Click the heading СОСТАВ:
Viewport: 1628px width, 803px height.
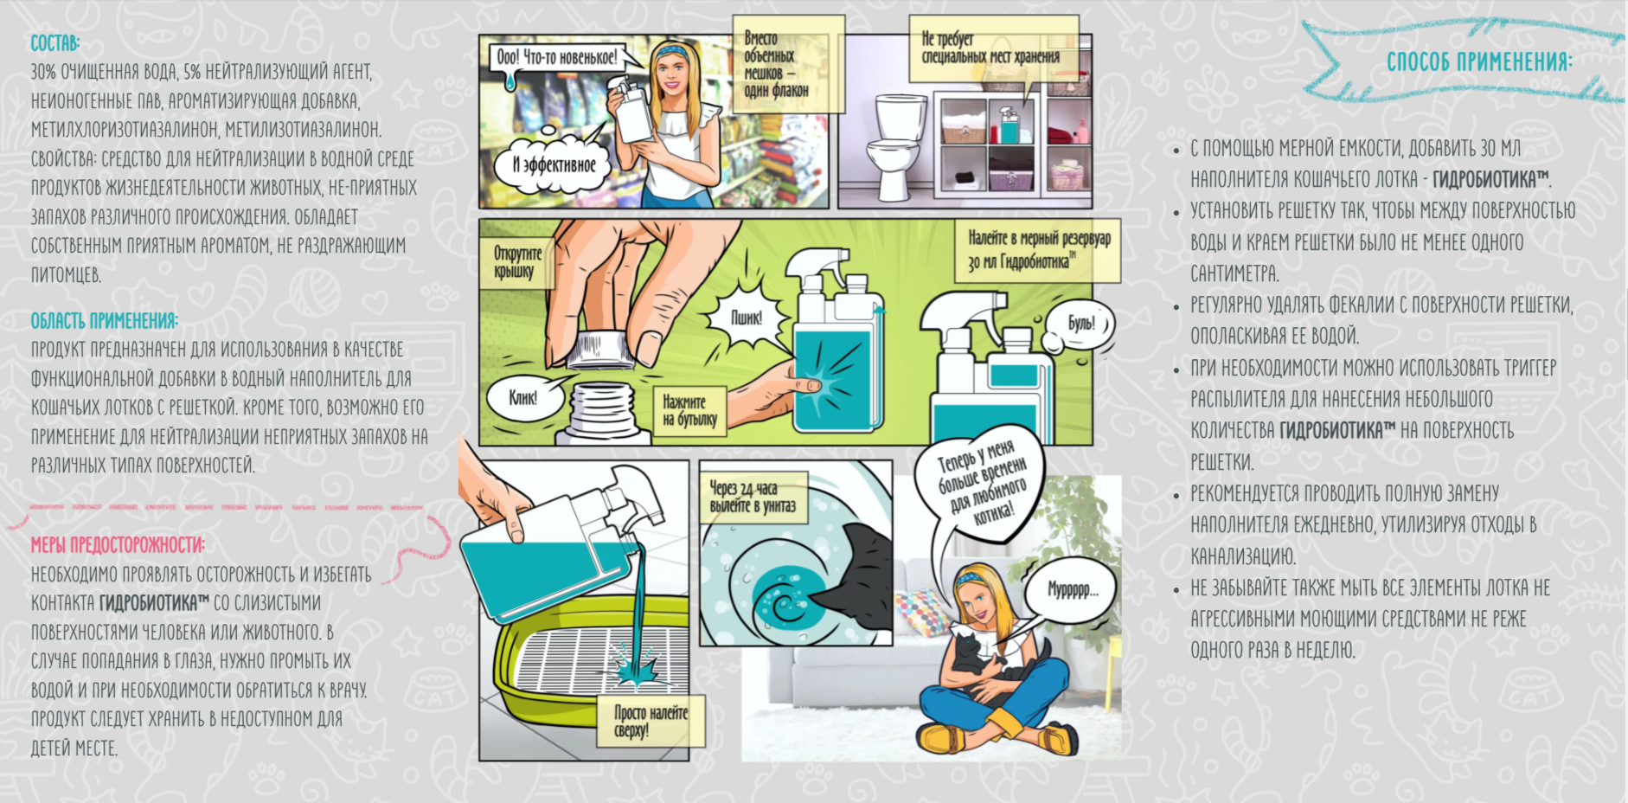55,42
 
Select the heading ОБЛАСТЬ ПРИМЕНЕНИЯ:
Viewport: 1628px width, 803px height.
105,321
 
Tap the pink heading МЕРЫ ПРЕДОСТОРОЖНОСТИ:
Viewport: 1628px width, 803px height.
118,545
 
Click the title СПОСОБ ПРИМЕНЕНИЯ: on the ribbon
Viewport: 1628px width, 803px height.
1479,61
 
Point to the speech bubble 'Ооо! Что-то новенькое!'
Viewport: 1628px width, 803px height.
558,58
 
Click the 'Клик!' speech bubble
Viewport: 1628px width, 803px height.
523,398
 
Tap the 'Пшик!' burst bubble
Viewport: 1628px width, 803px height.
745,318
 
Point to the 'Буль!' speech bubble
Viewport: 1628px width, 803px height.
1081,324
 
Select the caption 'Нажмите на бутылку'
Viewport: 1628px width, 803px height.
689,411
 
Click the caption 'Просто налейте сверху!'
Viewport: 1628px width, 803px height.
651,722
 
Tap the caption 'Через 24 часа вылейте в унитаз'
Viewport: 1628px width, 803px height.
752,498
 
